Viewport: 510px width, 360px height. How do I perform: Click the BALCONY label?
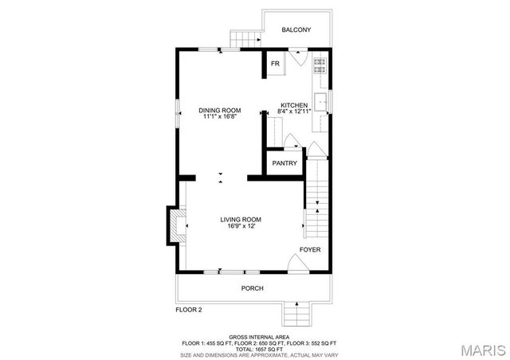(x=296, y=30)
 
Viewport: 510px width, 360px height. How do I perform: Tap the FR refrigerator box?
(x=275, y=64)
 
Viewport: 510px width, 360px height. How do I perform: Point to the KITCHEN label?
(x=294, y=105)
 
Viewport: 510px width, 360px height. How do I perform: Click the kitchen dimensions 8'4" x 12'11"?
(x=294, y=112)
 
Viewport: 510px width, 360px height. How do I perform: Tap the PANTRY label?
(x=284, y=163)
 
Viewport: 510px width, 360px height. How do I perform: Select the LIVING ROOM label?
(x=241, y=219)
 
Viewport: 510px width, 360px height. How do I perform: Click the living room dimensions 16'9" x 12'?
(x=241, y=226)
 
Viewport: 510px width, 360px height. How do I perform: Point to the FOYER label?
(x=310, y=249)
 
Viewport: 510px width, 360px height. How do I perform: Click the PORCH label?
(x=252, y=288)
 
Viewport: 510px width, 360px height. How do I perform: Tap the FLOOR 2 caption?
(x=189, y=309)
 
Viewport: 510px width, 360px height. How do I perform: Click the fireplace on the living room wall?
(x=175, y=226)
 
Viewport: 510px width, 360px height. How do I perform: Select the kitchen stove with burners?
(x=320, y=65)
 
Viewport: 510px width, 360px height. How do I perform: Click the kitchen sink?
(x=320, y=102)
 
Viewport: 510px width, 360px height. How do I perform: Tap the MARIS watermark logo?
(x=482, y=349)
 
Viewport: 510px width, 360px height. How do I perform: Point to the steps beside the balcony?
(x=245, y=38)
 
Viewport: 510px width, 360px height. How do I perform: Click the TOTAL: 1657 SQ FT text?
(x=253, y=348)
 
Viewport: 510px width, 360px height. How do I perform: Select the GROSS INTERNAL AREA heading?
(x=253, y=337)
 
